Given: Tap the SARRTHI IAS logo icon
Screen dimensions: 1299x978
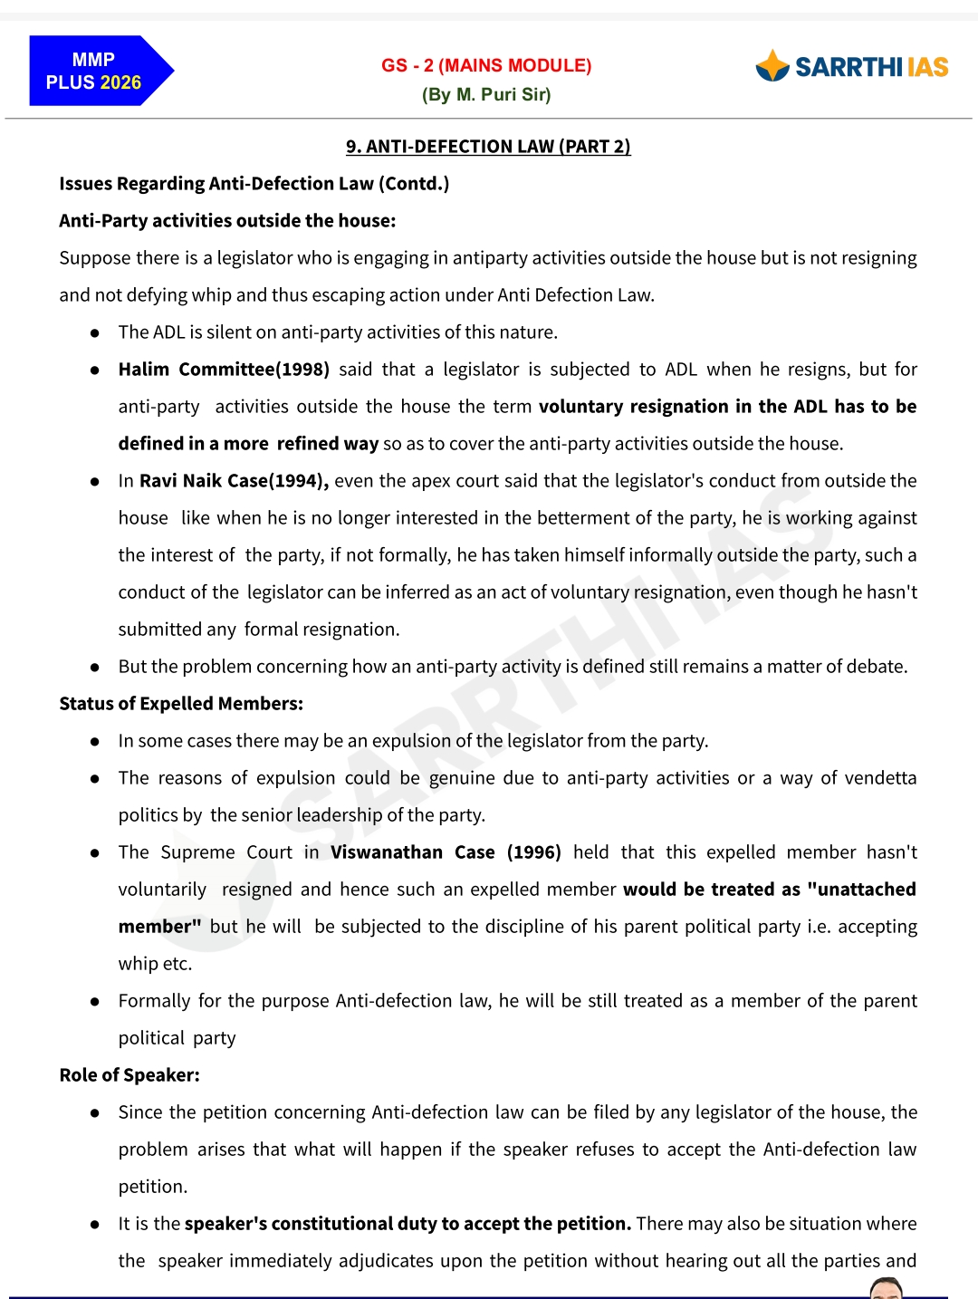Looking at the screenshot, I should (x=772, y=66).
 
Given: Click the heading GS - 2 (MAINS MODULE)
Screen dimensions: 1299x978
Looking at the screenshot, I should (x=486, y=65).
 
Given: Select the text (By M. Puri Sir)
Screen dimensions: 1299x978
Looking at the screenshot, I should (x=486, y=94).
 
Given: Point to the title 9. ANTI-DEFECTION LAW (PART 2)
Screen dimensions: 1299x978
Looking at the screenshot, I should (x=488, y=146).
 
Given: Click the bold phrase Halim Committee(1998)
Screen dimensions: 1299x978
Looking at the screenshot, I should (x=224, y=369).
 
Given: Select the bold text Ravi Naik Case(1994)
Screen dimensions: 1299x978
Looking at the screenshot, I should (x=234, y=480).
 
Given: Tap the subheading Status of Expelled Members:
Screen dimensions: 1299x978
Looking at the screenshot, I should (x=181, y=703).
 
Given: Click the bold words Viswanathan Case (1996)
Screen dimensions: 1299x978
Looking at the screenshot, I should (x=446, y=852).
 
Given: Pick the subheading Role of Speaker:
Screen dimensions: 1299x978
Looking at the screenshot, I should (x=129, y=1074).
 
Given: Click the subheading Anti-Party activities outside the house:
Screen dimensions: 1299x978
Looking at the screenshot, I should (x=227, y=220).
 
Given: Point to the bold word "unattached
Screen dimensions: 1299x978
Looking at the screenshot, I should (x=861, y=889).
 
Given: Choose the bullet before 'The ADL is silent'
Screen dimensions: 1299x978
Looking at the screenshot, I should (x=94, y=332).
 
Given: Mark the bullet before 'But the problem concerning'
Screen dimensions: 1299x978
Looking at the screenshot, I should (x=94, y=667).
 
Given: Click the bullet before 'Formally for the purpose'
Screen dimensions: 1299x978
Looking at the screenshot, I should (x=94, y=1001).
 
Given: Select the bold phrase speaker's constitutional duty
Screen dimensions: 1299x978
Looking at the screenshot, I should (x=311, y=1223).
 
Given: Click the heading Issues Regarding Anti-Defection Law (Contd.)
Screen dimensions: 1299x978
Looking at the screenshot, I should (x=254, y=183).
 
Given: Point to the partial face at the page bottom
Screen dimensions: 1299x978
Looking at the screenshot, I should (x=886, y=1288).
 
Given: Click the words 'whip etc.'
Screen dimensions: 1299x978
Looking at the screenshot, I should (x=155, y=963).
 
